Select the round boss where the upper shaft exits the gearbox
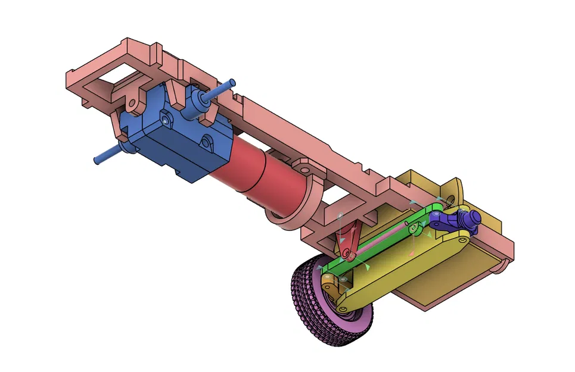pyautogui.click(x=198, y=104)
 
